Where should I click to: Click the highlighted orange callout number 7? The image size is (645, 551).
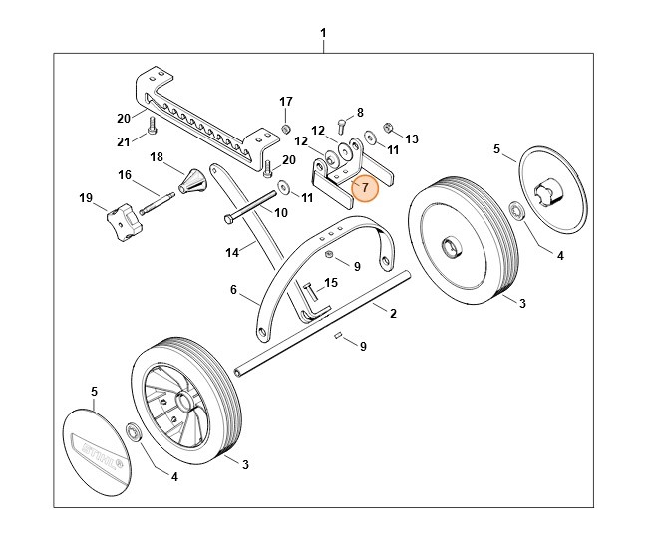pyautogui.click(x=365, y=187)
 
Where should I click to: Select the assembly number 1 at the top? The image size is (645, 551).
pyautogui.click(x=323, y=34)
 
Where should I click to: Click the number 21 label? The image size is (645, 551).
pyautogui.click(x=124, y=140)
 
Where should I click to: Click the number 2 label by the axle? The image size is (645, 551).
pyautogui.click(x=393, y=314)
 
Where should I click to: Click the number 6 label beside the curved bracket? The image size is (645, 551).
pyautogui.click(x=233, y=290)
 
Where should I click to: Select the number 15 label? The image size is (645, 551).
pyautogui.click(x=332, y=283)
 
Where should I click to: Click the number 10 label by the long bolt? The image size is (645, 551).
pyautogui.click(x=281, y=212)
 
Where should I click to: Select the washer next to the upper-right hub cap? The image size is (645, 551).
pyautogui.click(x=517, y=210)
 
